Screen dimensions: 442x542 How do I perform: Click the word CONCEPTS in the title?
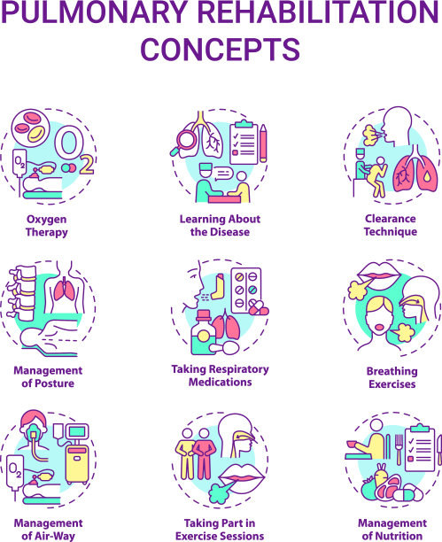tap(220, 49)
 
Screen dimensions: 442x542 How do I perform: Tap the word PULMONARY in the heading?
tap(95, 12)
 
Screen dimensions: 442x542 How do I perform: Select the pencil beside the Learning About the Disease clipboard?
tap(263, 143)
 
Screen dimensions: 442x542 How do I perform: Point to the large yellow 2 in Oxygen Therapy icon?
tap(86, 165)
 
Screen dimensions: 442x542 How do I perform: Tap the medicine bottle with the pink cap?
tap(204, 332)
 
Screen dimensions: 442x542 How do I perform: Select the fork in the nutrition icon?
tap(399, 449)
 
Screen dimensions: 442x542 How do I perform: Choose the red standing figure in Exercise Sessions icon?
tap(204, 453)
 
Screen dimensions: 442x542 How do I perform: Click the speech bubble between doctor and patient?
tap(223, 174)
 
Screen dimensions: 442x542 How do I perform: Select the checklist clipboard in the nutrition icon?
tap(420, 448)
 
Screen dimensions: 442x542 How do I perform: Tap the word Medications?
tap(221, 382)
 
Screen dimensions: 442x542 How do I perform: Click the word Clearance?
tap(391, 219)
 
